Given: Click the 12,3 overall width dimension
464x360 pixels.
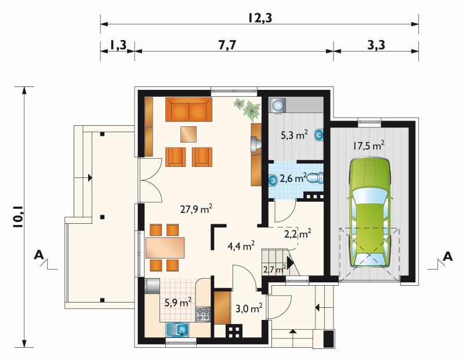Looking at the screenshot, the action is pyautogui.click(x=260, y=18).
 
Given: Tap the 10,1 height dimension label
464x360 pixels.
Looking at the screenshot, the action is pyautogui.click(x=19, y=217).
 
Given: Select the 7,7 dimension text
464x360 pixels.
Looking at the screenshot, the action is pyautogui.click(x=227, y=45).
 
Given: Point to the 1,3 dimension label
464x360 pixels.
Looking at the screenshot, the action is pyautogui.click(x=118, y=45).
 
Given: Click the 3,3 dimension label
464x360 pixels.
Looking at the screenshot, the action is pyautogui.click(x=376, y=45).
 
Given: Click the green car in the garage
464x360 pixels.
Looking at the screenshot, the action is pyautogui.click(x=369, y=212).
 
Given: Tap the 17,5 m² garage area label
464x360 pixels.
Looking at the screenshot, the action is pyautogui.click(x=369, y=145).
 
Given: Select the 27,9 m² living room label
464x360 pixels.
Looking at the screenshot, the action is pyautogui.click(x=196, y=209).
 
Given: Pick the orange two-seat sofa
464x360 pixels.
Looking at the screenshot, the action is pyautogui.click(x=188, y=110).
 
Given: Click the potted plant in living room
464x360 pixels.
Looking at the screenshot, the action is pyautogui.click(x=248, y=110).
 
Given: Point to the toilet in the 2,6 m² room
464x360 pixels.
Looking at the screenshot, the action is pyautogui.click(x=315, y=178).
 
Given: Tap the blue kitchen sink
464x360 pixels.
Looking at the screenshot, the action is pyautogui.click(x=178, y=329).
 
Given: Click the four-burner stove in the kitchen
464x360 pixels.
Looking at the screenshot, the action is pyautogui.click(x=204, y=314).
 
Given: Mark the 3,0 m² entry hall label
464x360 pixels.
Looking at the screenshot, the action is pyautogui.click(x=249, y=308).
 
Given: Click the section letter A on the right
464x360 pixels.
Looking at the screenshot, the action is pyautogui.click(x=448, y=256).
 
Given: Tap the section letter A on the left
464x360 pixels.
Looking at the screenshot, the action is pyautogui.click(x=38, y=254).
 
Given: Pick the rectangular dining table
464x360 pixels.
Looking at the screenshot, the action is pyautogui.click(x=165, y=248).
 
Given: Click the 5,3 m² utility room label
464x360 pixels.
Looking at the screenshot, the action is pyautogui.click(x=294, y=135).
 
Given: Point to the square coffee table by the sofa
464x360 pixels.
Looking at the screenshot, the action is pyautogui.click(x=188, y=134).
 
